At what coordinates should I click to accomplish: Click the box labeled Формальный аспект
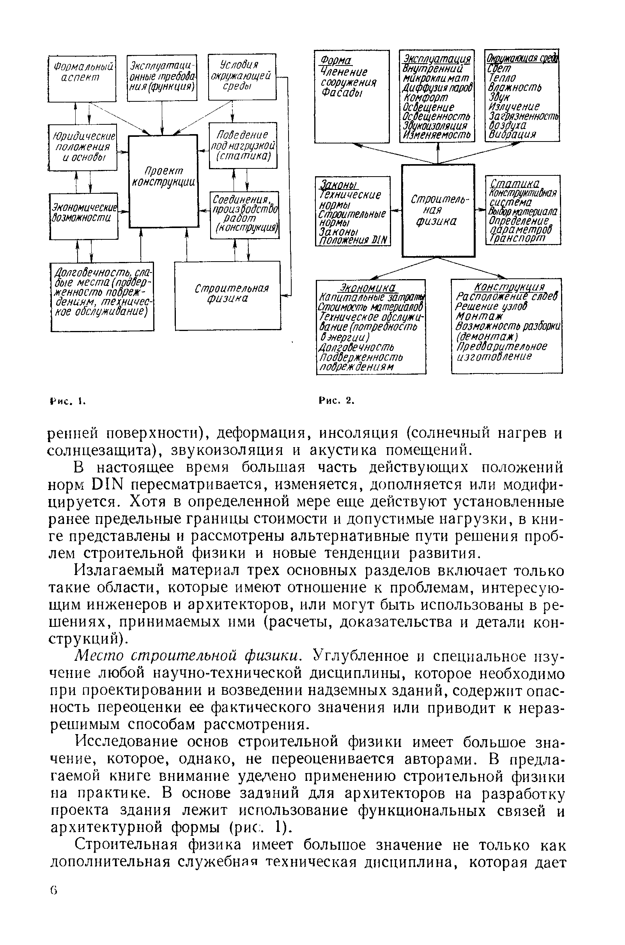[82, 78]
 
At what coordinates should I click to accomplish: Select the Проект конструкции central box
[163, 181]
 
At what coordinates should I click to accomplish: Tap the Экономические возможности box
[84, 216]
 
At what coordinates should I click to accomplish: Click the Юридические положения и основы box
[83, 147]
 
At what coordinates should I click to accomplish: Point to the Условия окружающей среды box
[242, 76]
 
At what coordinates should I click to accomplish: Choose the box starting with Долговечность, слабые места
[102, 296]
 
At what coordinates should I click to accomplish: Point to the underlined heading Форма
[337, 60]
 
